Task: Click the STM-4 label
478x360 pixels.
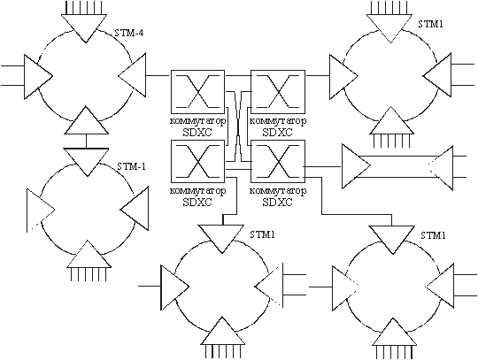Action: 129,33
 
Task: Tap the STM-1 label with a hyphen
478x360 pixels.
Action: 131,166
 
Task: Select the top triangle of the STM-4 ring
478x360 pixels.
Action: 85,28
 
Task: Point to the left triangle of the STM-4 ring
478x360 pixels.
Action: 38,77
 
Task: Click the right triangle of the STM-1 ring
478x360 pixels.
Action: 135,209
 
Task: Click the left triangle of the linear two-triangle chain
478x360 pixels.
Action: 356,166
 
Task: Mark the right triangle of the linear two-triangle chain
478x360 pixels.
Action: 441,168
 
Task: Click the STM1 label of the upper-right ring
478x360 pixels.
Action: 430,24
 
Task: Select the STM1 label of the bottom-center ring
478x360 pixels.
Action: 263,234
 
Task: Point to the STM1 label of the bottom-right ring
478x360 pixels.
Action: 433,235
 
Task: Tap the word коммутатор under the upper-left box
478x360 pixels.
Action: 198,121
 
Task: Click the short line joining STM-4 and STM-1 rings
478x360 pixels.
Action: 86,141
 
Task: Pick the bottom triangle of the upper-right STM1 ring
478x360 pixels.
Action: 392,120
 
